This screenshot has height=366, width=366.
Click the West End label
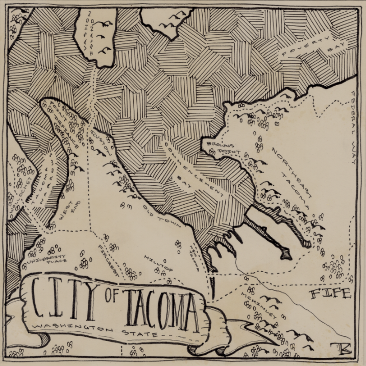click(66, 211)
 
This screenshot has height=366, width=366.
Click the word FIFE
click(331, 294)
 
